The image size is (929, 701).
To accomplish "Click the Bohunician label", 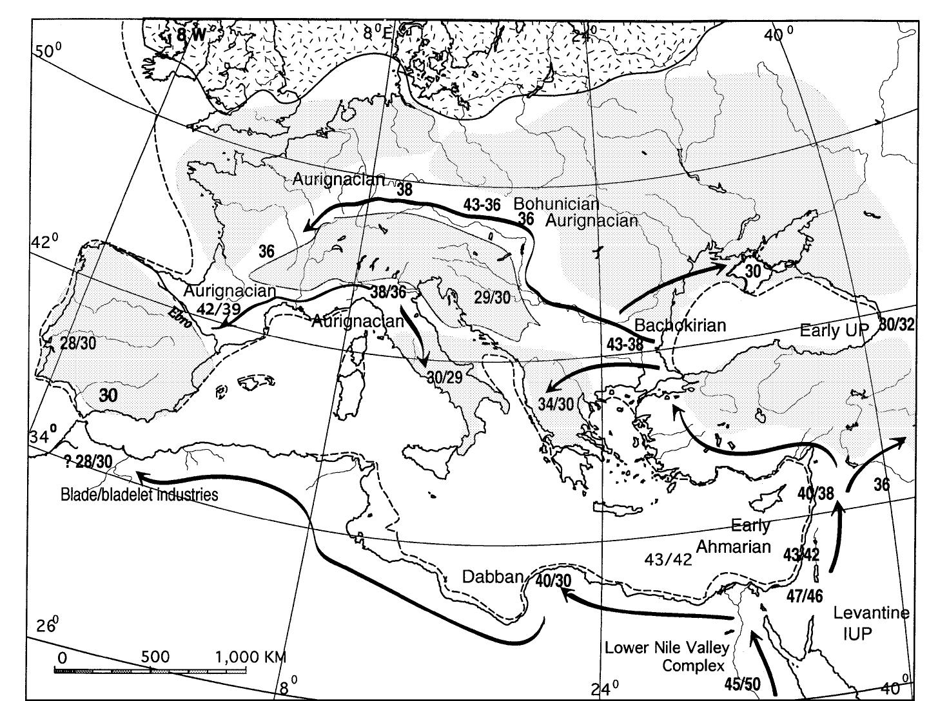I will (556, 204).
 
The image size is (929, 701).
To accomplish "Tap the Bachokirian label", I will (680, 325).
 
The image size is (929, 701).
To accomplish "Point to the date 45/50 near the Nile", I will (742, 684).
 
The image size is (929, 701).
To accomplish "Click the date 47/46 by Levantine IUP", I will (805, 596).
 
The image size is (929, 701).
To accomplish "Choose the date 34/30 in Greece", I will (556, 404).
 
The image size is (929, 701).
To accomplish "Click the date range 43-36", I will (482, 205).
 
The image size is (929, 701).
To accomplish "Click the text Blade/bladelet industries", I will (139, 495).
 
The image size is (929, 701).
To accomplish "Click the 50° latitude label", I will (46, 50).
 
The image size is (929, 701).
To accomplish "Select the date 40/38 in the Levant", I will (816, 494).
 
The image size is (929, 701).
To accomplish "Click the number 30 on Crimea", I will (753, 271).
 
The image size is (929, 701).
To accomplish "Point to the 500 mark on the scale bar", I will (154, 657).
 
